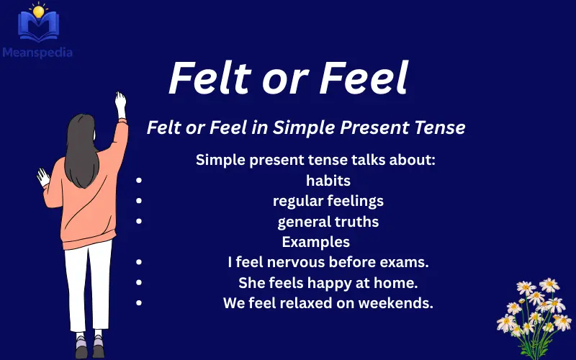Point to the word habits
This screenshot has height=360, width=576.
[328, 181]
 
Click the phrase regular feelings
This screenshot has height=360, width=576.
[328, 201]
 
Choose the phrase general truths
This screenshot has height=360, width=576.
[328, 222]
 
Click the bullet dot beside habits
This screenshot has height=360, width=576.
[138, 181]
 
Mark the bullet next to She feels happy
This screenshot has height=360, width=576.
[138, 283]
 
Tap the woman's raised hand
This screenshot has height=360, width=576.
[120, 101]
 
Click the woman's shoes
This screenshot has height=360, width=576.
[89, 347]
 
